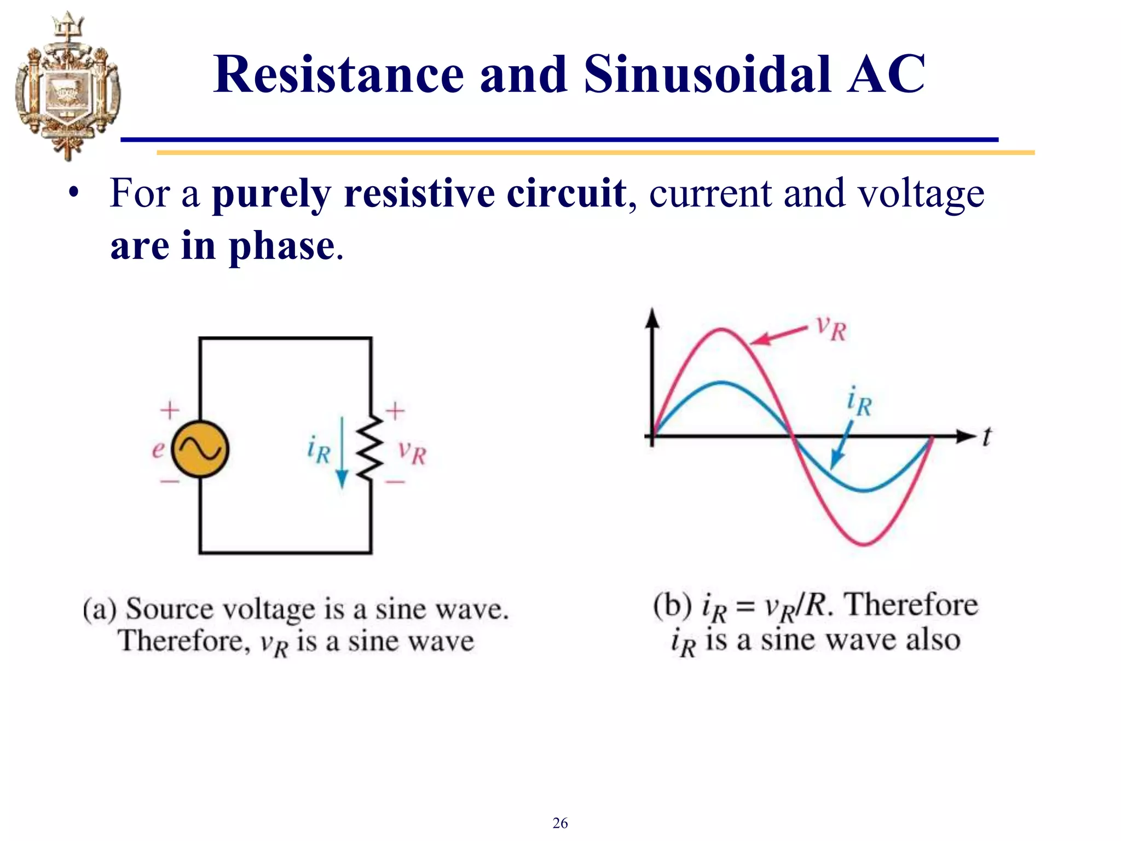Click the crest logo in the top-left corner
coord(67,87)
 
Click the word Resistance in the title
coord(338,74)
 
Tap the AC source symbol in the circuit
coord(200,449)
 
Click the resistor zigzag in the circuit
coord(371,448)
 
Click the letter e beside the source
coord(158,450)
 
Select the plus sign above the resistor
coord(395,411)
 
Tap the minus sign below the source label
coord(170,482)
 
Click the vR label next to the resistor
coord(412,452)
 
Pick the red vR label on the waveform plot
coord(831,329)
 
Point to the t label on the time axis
coord(986,437)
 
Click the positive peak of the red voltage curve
coord(721,330)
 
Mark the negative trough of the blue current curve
coord(864,489)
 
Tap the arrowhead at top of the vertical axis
coord(652,318)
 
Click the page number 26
coord(560,823)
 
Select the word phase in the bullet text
coord(281,246)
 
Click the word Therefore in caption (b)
coord(911,606)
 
